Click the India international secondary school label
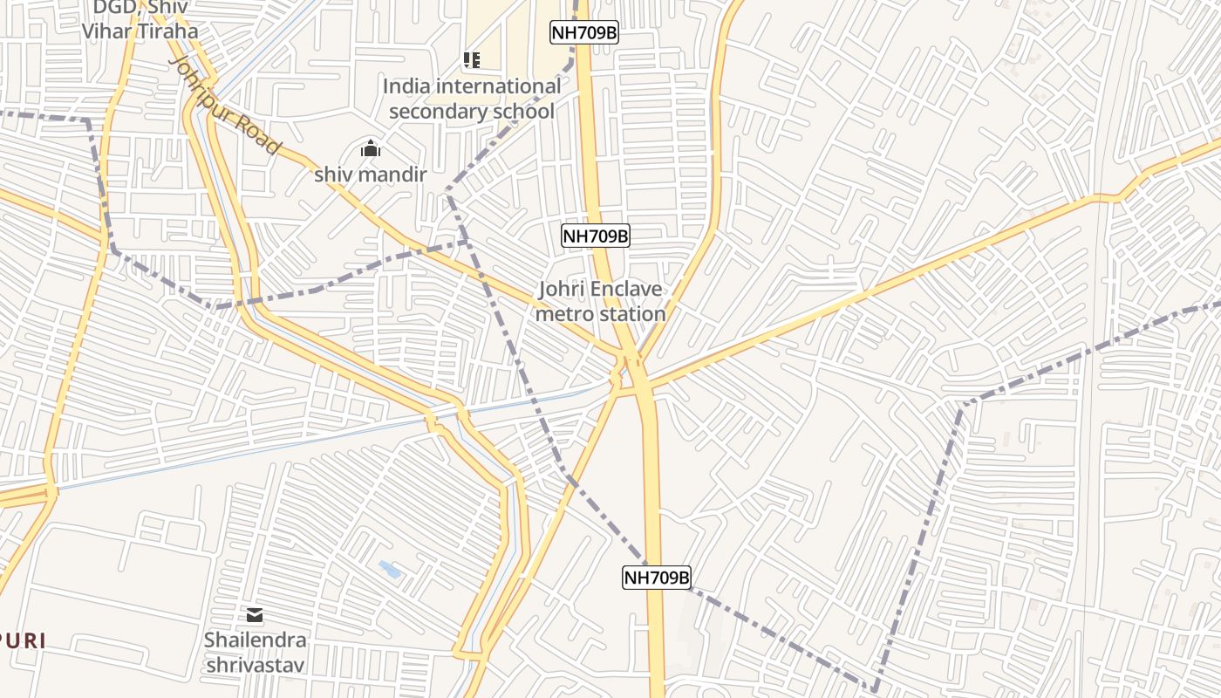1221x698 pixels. point(472,99)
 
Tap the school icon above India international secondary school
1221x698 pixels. point(472,60)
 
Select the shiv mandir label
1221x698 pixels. point(371,174)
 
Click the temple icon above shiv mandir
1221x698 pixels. point(371,148)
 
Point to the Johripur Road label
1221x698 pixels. point(225,106)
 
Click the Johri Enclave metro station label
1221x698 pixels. point(600,301)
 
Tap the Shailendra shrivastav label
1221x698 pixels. point(256,653)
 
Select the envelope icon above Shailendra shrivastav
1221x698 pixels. point(255,615)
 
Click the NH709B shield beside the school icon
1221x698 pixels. point(584,33)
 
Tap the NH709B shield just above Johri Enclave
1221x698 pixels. point(596,236)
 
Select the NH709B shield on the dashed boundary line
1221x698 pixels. point(657,577)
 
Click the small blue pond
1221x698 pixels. point(390,570)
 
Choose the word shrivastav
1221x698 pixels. point(256,666)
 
